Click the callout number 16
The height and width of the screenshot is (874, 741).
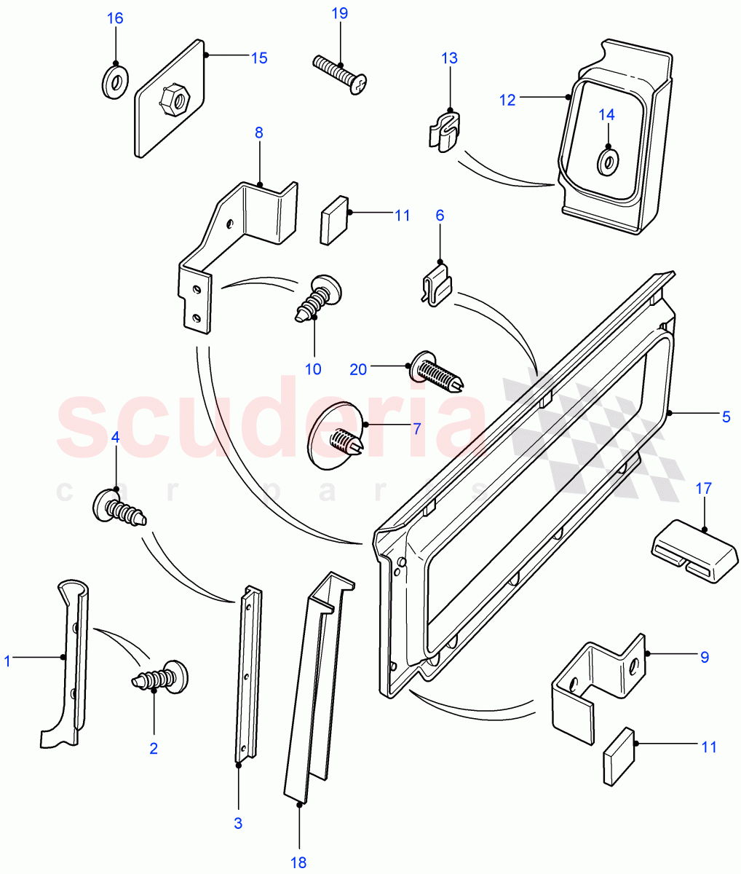tap(116, 18)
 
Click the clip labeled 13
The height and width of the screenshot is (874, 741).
tap(444, 129)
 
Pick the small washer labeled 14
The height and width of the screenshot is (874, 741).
tap(607, 162)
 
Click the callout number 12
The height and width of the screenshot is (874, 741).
tap(507, 101)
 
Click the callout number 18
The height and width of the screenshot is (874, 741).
tap(298, 863)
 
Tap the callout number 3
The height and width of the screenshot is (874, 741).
tap(237, 824)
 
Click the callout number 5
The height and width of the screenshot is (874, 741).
tap(726, 417)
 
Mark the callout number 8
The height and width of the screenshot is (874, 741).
tap(258, 133)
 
